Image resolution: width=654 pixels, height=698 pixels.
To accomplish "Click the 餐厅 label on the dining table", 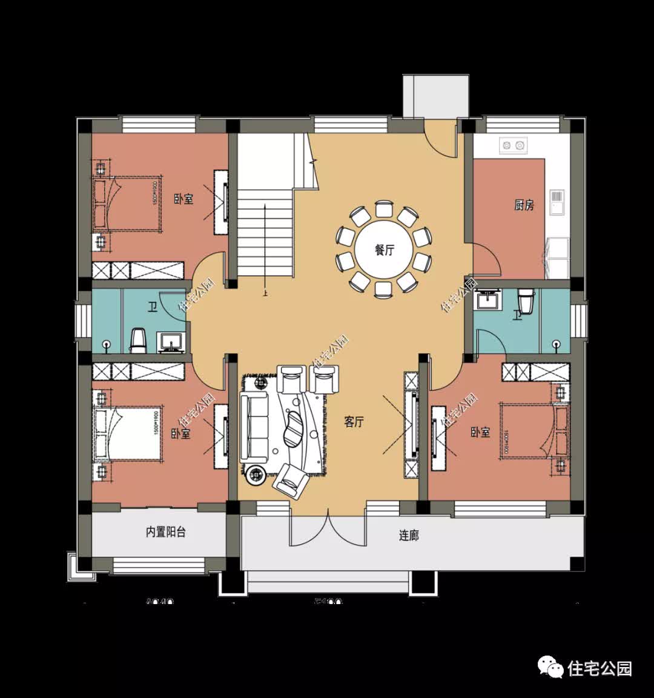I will click(384, 250).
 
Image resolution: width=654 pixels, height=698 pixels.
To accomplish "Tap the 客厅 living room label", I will click(354, 422).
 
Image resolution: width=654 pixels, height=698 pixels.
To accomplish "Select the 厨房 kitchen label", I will click(524, 205).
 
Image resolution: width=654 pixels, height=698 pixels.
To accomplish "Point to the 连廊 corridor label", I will click(409, 535).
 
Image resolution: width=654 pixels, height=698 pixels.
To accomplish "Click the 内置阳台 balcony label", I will click(165, 532).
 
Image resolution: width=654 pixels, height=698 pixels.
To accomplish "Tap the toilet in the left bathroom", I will click(139, 340).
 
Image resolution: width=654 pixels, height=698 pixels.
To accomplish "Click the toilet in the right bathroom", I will click(526, 301).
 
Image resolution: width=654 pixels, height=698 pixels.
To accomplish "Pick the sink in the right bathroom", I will click(487, 300).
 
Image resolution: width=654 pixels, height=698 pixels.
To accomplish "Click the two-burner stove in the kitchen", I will click(512, 145).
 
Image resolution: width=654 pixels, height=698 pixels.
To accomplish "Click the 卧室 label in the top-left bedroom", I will click(183, 199).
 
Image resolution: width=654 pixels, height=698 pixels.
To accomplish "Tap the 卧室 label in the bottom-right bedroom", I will click(480, 433).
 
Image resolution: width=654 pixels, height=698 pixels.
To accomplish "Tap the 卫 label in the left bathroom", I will click(153, 308).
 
